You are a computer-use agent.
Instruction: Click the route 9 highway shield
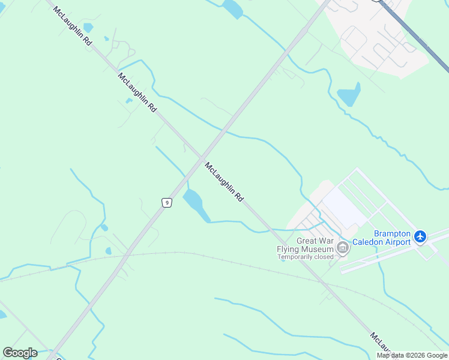tap(167, 203)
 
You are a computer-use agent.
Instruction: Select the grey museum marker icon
tap(342, 247)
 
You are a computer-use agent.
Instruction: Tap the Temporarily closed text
tap(305, 257)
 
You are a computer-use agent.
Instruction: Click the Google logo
tap(20, 353)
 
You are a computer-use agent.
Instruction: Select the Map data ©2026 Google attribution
tap(412, 355)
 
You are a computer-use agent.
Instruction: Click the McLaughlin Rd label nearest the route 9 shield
tap(224, 182)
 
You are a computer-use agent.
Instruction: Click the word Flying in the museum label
tap(289, 249)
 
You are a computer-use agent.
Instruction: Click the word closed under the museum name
tap(322, 257)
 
